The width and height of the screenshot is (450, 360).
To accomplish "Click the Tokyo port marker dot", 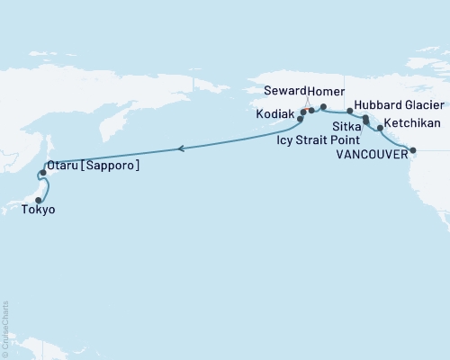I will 38,200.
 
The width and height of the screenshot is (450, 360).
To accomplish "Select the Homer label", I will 325,92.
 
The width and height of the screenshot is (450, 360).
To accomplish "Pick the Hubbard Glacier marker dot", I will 350,112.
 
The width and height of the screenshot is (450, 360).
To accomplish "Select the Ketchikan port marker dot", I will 381,128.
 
